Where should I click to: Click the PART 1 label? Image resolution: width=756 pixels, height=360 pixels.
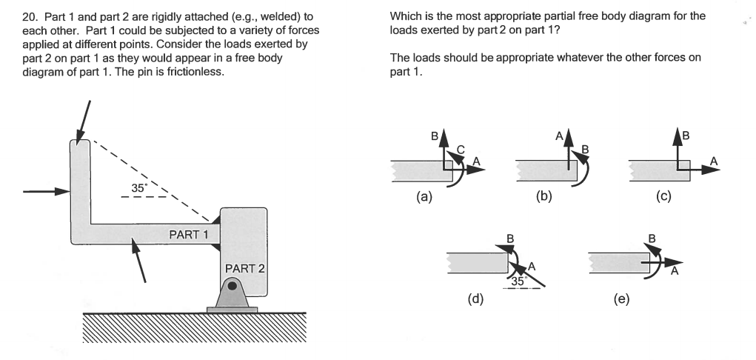click(189, 235)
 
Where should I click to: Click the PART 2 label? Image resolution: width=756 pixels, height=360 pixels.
click(245, 269)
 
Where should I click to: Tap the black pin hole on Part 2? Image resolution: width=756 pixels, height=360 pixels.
click(233, 286)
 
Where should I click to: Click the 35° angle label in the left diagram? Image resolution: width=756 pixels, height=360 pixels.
click(138, 188)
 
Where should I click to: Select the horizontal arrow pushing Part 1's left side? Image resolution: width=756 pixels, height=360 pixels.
click(47, 192)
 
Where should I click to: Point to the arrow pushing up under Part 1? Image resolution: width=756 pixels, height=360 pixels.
click(138, 260)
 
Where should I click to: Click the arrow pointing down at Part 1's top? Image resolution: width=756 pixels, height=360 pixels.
click(83, 122)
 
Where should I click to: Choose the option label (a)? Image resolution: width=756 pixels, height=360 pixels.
click(424, 196)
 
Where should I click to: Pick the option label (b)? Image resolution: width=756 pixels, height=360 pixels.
click(543, 196)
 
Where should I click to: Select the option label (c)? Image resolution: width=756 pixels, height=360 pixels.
click(663, 196)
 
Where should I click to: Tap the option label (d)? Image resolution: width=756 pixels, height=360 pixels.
click(475, 299)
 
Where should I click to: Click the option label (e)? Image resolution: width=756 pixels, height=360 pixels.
click(621, 299)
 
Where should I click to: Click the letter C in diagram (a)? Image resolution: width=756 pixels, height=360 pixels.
click(460, 150)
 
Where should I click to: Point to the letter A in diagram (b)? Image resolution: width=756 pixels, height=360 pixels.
click(559, 136)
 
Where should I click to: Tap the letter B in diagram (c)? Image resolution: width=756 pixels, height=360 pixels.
click(686, 136)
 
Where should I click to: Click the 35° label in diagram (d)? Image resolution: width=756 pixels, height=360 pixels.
click(518, 281)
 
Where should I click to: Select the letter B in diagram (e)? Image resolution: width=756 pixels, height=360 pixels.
click(652, 239)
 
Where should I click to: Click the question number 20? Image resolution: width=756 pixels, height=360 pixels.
click(30, 17)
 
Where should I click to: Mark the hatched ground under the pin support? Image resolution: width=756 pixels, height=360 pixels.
click(194, 327)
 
